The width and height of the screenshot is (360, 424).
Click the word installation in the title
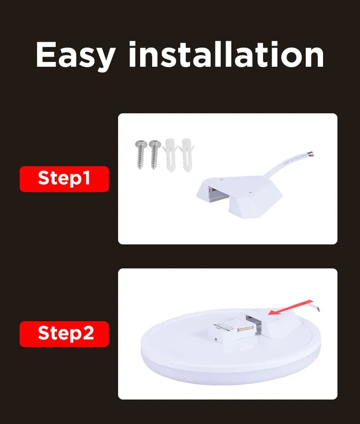[x=226, y=54]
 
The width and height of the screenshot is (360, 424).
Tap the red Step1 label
[x=64, y=179]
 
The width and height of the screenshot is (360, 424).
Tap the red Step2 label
[x=64, y=334]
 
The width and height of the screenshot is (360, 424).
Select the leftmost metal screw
[x=141, y=155]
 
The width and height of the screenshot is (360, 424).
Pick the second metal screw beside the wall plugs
[x=155, y=155]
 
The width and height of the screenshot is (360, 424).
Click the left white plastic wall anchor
[x=170, y=155]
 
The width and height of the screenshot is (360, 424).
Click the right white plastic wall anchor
[x=187, y=155]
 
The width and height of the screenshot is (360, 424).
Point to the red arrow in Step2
[x=290, y=308]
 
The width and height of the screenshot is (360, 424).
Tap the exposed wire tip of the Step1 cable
[x=312, y=155]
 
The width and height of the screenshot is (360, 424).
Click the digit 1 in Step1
[x=86, y=179]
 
